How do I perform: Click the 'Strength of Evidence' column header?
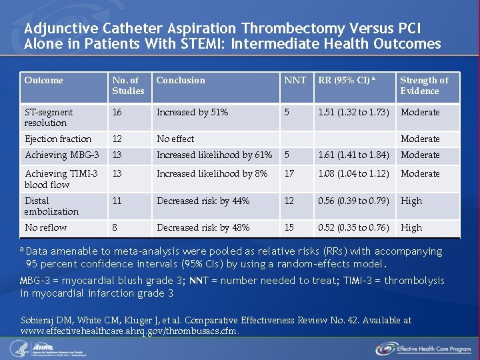pos(424,85)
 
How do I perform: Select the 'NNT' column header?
pos(295,80)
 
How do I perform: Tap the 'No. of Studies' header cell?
pos(128,85)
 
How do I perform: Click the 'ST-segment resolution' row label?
pos(49,117)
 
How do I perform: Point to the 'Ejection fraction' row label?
pos(58,139)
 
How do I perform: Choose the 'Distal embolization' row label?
pos(51,206)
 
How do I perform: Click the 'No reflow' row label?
pos(45,227)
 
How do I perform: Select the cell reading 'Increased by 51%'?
pos(192,112)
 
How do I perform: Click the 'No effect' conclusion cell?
pos(175,139)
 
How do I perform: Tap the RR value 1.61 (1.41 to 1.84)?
pos(353,155)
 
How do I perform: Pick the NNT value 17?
pos(289,173)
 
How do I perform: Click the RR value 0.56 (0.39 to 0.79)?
pos(353,201)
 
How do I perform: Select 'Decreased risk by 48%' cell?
pos(203,227)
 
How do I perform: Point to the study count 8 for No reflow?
pos(115,227)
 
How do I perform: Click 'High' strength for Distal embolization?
pos(411,201)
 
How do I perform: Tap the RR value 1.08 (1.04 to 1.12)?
pos(353,173)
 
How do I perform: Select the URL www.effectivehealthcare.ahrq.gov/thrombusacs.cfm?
pos(129,331)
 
